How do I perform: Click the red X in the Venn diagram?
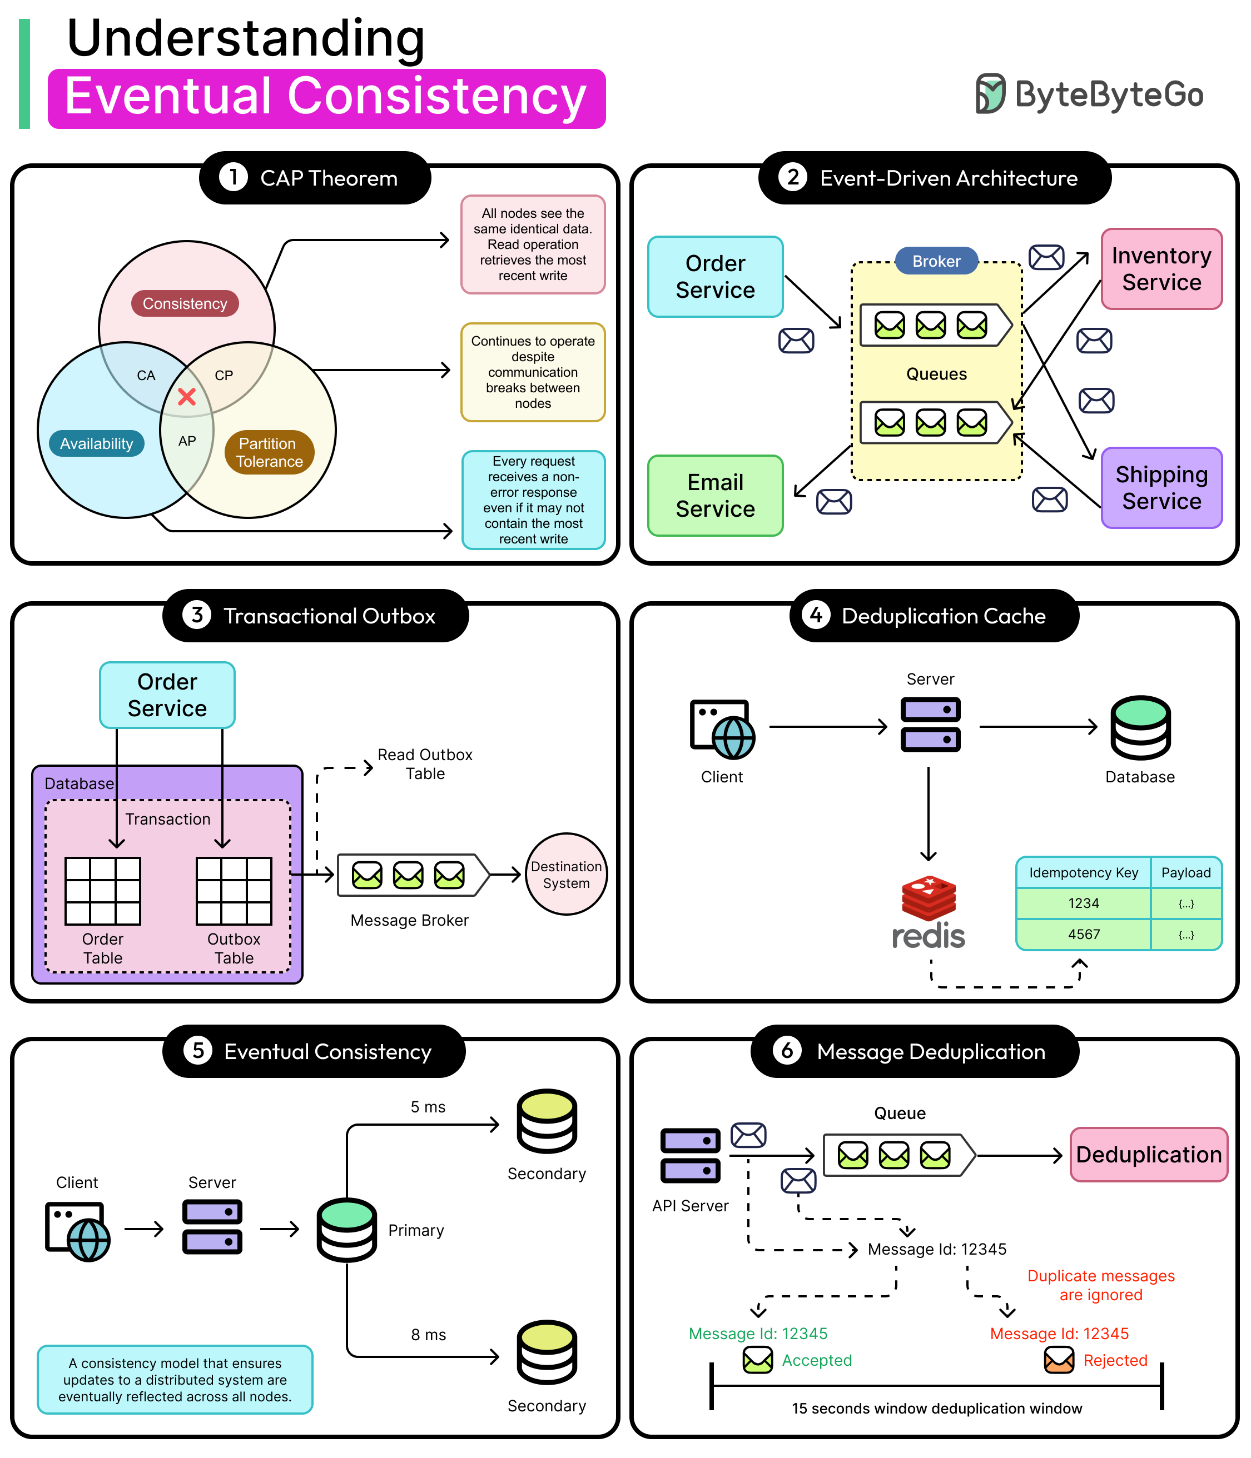point(187,397)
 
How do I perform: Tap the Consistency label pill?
point(185,303)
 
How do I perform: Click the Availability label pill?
point(96,443)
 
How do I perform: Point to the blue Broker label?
point(936,261)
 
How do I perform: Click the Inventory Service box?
point(1161,269)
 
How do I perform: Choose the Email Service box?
point(714,496)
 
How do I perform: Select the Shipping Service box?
point(1161,488)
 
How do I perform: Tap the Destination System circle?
point(566,874)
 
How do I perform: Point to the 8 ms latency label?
point(428,1335)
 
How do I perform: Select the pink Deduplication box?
point(1148,1155)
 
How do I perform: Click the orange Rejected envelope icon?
point(1059,1360)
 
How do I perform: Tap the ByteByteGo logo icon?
point(991,93)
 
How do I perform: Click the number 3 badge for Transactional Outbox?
point(197,615)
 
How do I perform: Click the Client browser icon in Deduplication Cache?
point(722,729)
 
